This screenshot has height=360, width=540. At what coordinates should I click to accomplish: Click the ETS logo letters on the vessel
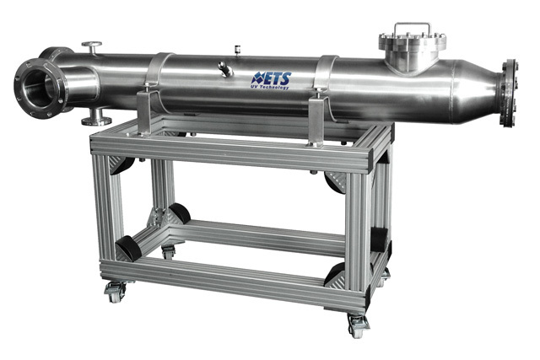point(272,78)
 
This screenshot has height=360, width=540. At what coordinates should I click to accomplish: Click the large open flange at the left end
point(40,89)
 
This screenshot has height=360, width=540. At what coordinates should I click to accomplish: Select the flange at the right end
point(509,93)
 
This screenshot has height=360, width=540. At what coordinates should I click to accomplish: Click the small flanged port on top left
point(92,47)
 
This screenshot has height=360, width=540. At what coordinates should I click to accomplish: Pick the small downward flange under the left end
point(96,117)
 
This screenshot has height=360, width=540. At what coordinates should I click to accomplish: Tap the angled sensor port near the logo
point(225,69)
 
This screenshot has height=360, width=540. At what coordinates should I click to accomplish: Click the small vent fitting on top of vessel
point(236,49)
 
